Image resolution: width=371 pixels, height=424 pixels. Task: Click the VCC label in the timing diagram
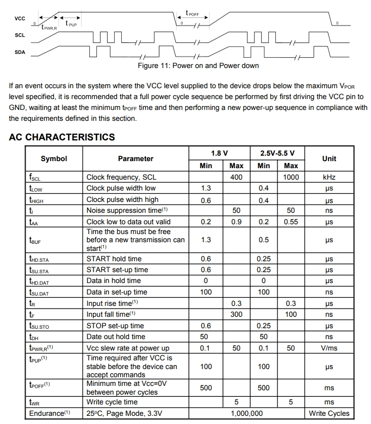[20, 19]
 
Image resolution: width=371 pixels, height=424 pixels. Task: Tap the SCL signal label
[20, 35]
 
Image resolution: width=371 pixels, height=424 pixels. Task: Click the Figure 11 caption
[198, 66]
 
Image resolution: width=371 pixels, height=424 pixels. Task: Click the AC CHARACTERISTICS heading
[62, 137]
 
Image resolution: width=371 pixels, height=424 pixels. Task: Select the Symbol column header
[54, 159]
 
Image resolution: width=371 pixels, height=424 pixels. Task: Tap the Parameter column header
[135, 159]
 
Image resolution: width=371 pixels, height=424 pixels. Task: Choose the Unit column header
[329, 159]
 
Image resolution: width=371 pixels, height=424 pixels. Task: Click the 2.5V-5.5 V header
[277, 153]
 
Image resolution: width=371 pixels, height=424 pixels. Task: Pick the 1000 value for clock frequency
[291, 177]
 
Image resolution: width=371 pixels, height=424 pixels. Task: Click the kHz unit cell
[329, 177]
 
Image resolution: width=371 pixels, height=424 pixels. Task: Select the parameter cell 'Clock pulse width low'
[121, 188]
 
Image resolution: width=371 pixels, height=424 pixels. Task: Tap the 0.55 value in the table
[291, 222]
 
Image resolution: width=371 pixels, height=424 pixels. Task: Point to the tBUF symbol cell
[35, 240]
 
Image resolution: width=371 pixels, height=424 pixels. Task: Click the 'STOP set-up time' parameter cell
[115, 326]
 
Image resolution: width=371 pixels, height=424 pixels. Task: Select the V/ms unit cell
[329, 348]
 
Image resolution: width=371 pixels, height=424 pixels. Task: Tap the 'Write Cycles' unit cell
[329, 413]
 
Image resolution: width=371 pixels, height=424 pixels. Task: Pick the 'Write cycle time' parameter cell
[112, 402]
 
